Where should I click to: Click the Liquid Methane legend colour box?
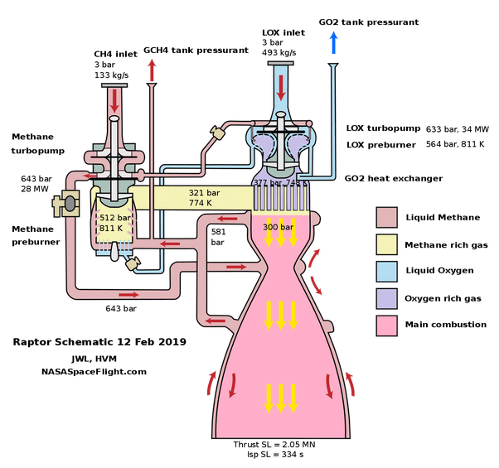[387, 218]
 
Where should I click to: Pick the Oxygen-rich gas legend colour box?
[387, 297]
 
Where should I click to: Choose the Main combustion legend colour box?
[387, 324]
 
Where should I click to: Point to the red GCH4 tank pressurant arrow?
[152, 72]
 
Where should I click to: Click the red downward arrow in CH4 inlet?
[114, 100]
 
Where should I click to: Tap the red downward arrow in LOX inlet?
[280, 85]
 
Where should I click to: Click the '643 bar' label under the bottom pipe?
[120, 308]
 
